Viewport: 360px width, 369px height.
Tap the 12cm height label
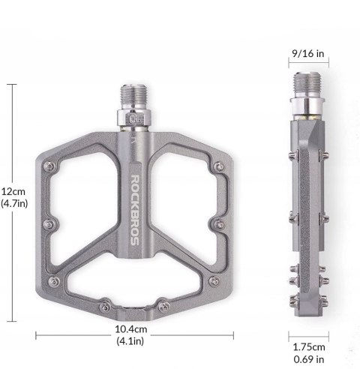13,190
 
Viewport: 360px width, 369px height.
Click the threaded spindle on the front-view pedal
132,97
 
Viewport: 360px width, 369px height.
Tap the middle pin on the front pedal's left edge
47,223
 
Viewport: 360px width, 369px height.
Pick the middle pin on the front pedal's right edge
217,223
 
